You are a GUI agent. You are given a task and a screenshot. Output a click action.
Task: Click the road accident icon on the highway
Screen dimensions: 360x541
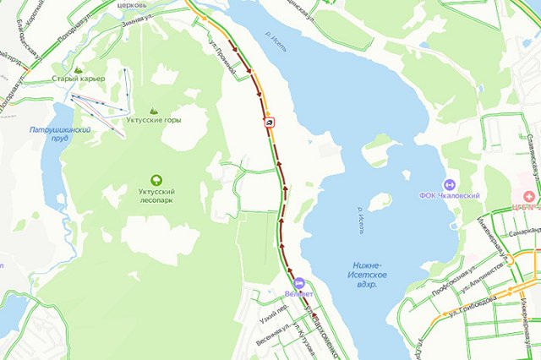tap(269, 123)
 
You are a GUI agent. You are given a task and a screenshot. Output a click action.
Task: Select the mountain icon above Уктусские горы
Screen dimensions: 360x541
tap(154, 111)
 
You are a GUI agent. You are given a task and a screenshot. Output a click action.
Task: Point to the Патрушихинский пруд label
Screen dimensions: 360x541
tap(59, 135)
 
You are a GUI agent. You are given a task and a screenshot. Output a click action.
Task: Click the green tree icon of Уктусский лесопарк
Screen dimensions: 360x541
tap(156, 180)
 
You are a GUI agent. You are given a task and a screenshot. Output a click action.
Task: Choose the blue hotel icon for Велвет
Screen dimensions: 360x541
tap(298, 282)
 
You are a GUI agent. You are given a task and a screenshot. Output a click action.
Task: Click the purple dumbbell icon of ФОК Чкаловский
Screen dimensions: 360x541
tap(449, 185)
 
